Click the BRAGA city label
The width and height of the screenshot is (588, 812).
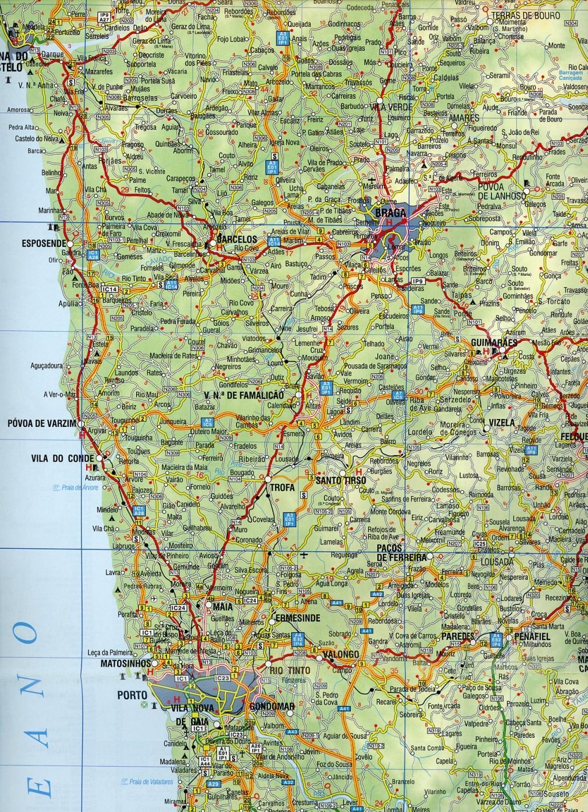tap(390, 212)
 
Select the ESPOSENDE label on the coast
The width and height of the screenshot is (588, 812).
tap(44, 243)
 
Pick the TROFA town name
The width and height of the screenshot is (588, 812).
tap(283, 487)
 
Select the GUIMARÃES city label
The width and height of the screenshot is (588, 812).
tap(494, 342)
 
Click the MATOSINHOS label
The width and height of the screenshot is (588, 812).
tap(125, 663)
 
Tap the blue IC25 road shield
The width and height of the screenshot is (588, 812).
tap(480, 544)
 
